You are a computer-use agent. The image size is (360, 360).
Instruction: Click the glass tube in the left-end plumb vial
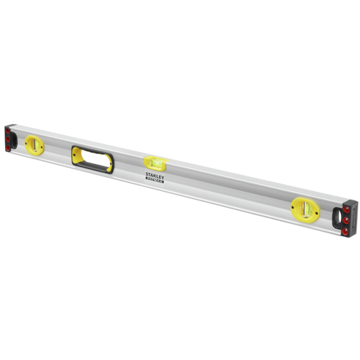point(34,143)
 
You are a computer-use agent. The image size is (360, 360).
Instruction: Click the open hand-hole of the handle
point(92,158)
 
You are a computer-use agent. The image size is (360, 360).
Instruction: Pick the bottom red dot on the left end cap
point(8,146)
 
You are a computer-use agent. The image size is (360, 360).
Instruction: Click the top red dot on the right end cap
point(347,212)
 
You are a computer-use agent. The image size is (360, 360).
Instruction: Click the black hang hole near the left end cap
point(16,136)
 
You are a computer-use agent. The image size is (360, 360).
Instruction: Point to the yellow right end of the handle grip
point(110,164)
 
